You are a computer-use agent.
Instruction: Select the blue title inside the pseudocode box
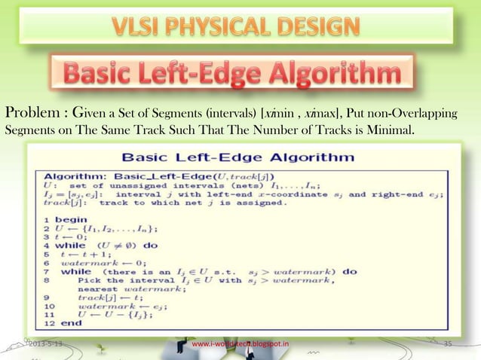(239, 159)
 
